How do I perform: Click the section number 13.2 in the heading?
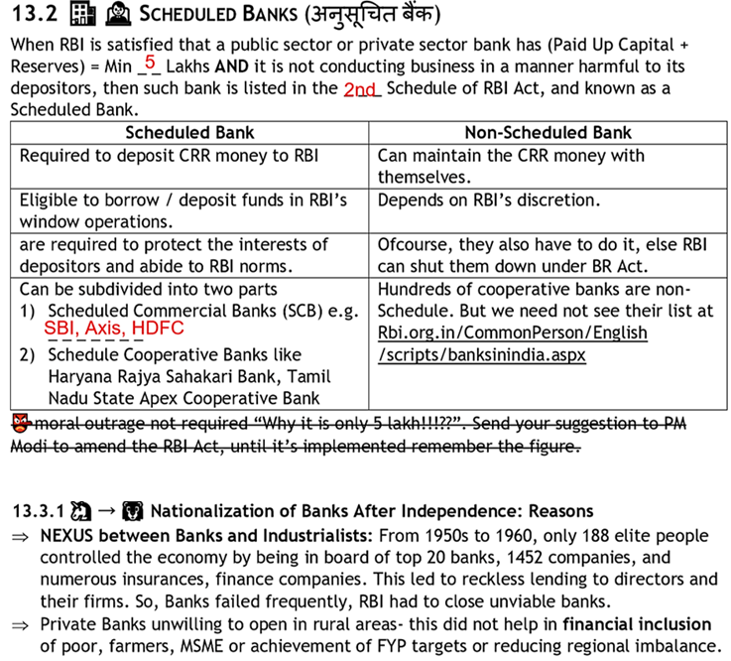(32, 16)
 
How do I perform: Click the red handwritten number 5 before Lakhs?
(150, 63)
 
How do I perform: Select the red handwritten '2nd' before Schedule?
(361, 88)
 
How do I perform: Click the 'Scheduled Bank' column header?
(189, 132)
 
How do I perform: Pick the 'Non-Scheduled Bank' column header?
(548, 132)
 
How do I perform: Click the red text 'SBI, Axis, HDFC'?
(114, 328)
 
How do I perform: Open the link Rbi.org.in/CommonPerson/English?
(512, 332)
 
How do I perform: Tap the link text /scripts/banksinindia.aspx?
(481, 354)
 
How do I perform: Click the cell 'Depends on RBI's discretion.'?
(488, 199)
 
